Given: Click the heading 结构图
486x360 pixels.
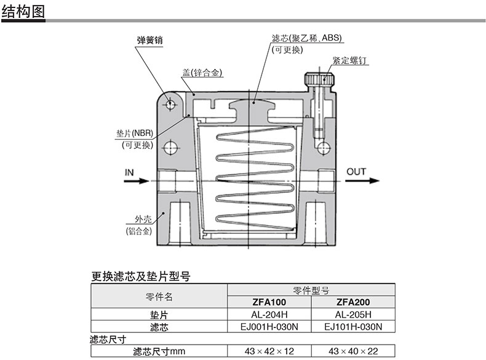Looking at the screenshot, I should tap(23, 11).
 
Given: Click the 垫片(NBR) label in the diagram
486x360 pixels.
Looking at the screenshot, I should tap(134, 134).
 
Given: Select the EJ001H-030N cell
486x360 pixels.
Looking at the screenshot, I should tap(269, 327).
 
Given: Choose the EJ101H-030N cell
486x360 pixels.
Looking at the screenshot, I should tap(353, 327).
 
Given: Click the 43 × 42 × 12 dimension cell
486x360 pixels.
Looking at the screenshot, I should tap(269, 351).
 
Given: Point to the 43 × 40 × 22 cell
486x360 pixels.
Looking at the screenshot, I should tap(353, 351).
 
